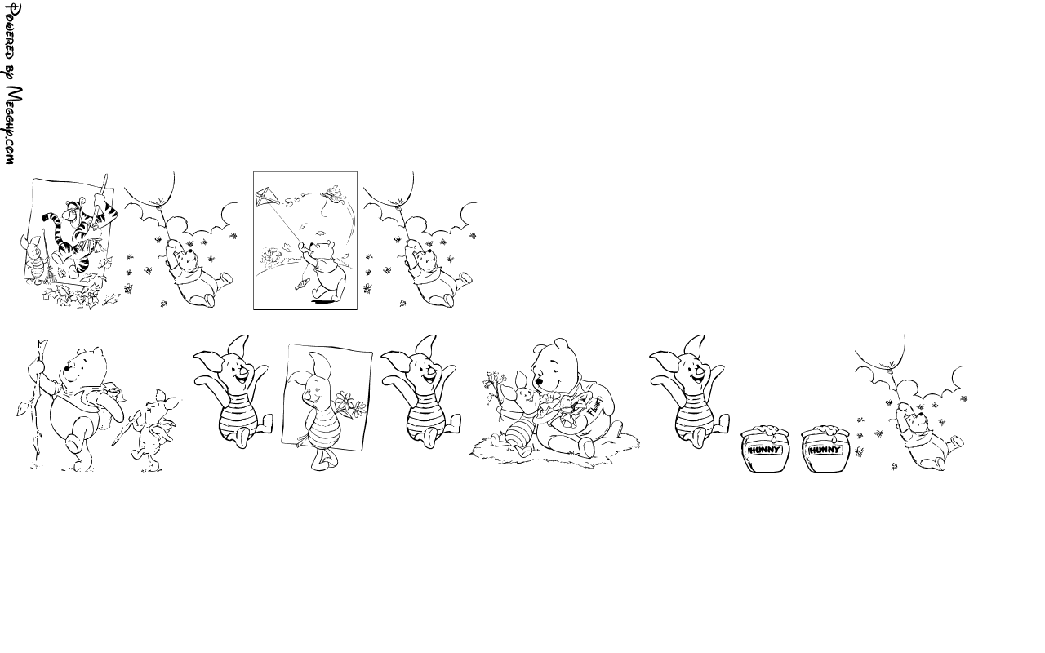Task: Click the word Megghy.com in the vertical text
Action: tap(13, 126)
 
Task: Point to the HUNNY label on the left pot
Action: tap(763, 450)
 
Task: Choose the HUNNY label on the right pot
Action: tap(825, 450)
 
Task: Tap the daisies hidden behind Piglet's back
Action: tap(351, 403)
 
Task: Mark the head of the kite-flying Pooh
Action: tap(323, 251)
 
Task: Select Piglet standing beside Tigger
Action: tap(33, 258)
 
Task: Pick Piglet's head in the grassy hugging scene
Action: tap(523, 393)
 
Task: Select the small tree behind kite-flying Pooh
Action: tap(272, 256)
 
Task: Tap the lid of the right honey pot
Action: tap(825, 432)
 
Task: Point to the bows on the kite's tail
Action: tap(294, 199)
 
